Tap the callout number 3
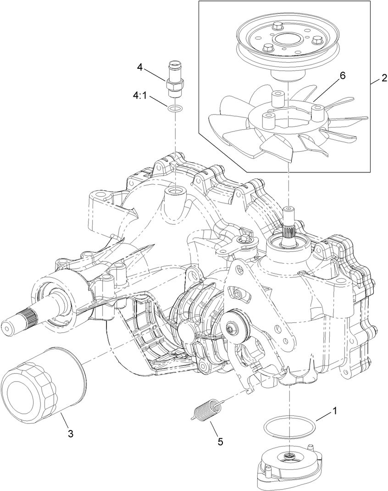click(70, 433)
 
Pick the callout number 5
click(220, 441)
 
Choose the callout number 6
click(342, 76)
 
